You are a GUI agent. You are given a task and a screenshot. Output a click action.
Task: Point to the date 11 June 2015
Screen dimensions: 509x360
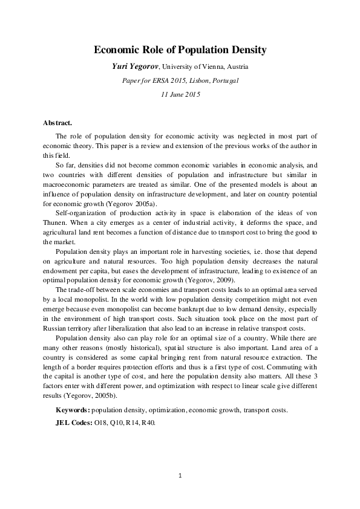180,94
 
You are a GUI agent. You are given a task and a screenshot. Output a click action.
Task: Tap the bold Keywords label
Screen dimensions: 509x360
72,409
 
